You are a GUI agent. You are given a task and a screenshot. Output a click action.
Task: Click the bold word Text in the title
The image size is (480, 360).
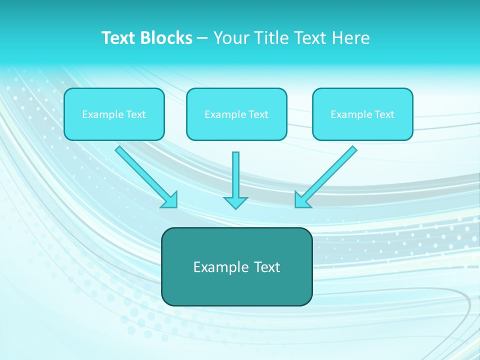coord(118,38)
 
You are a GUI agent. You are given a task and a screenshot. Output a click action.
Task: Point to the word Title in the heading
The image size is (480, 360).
coord(272,38)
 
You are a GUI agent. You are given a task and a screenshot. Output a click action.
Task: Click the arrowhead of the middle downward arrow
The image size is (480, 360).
coord(236,202)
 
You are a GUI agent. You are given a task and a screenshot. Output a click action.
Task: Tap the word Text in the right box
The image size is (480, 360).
coord(384,114)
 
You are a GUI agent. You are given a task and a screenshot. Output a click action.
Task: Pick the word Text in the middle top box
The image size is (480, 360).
coord(258,114)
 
